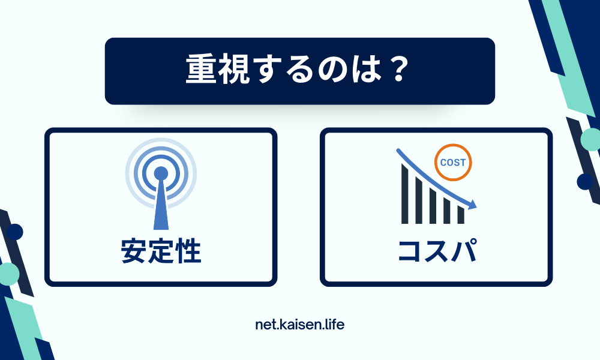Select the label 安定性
[161, 251]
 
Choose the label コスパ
[437, 251]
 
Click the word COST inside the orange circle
[452, 163]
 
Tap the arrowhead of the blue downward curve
[473, 205]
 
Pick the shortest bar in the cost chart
[461, 215]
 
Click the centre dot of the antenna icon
[161, 173]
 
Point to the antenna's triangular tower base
[161, 210]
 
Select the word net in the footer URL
[265, 325]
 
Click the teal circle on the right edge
[591, 139]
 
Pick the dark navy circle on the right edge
[585, 181]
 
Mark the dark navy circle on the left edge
[14, 232]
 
